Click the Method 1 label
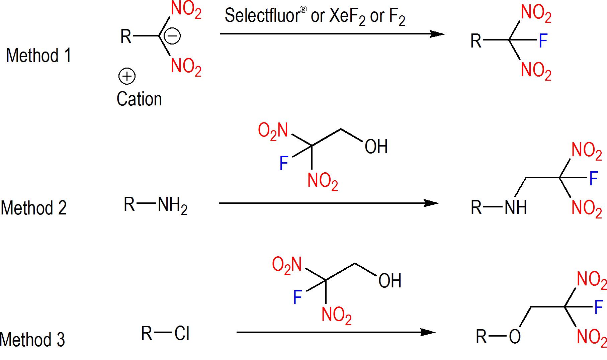pos(38,55)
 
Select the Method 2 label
pos(34,208)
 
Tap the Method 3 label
pos(32,340)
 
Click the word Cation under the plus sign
pos(139,99)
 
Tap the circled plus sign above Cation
pos(127,77)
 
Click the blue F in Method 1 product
pos(543,41)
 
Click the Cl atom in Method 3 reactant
pos(182,334)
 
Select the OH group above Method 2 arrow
pos(376,147)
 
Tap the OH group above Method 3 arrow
pos(390,281)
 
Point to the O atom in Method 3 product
pos(515,337)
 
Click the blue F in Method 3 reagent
pos(297,297)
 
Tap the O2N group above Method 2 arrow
pos(273,130)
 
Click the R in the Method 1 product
pos(476,41)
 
